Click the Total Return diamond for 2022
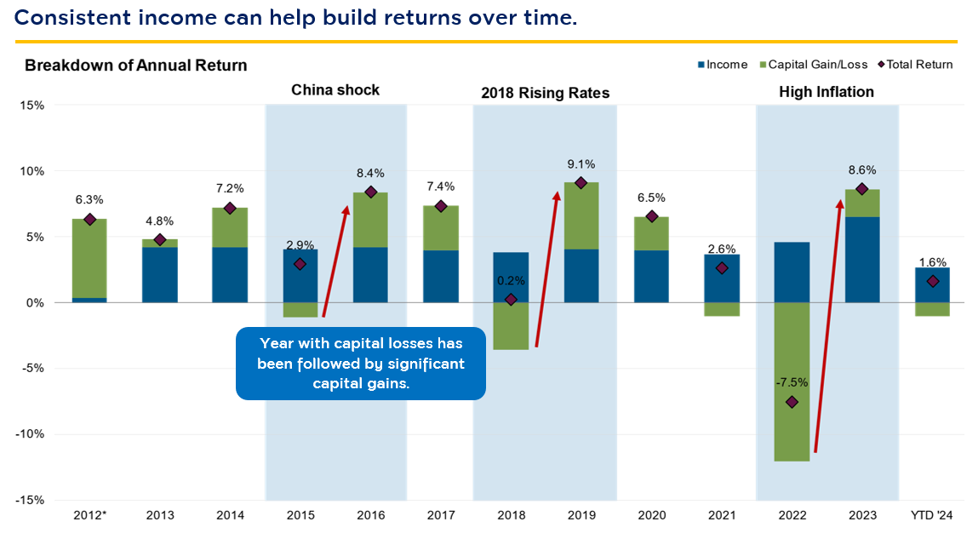(x=792, y=402)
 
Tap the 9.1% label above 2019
(x=581, y=164)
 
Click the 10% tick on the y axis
(x=31, y=171)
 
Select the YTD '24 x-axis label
(x=933, y=516)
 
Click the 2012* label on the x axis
(x=89, y=516)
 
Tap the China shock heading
(x=335, y=90)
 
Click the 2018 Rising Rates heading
(x=545, y=93)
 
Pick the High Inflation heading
(x=827, y=92)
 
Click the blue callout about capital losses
(x=361, y=363)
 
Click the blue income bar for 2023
(x=862, y=260)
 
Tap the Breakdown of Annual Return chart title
(x=135, y=66)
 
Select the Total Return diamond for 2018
(x=511, y=300)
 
